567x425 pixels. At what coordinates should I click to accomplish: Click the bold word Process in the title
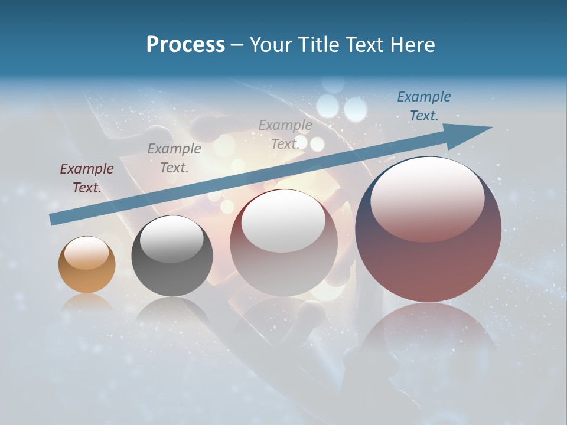pyautogui.click(x=185, y=45)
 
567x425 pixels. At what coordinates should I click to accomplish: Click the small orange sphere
pyautogui.click(x=87, y=265)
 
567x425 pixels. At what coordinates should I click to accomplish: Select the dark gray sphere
pyautogui.click(x=172, y=257)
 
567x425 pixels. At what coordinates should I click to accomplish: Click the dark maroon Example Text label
pyautogui.click(x=87, y=178)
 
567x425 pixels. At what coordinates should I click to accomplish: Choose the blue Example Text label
pyautogui.click(x=423, y=106)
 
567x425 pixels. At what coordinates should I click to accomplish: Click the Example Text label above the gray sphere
pyautogui.click(x=174, y=158)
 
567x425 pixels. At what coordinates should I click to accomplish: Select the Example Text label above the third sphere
pyautogui.click(x=285, y=134)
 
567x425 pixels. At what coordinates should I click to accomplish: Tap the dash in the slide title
pyautogui.click(x=237, y=45)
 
